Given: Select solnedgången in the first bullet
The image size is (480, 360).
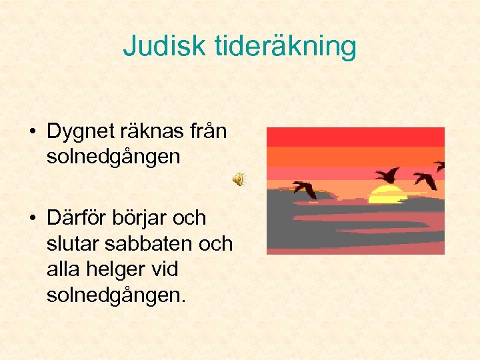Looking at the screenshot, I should (x=113, y=157).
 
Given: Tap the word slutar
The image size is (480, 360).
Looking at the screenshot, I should (x=73, y=244).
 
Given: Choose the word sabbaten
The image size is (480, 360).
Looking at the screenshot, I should (x=147, y=244).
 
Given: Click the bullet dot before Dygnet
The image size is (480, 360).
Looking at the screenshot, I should (x=33, y=132).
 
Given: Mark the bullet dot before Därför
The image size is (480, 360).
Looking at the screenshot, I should (x=33, y=219).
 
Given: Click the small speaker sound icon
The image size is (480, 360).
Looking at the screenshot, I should (x=238, y=179).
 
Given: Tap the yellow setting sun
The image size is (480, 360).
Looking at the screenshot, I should (x=387, y=195).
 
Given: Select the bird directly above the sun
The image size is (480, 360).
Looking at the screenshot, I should (x=387, y=175).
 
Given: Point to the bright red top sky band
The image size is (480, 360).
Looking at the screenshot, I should (x=355, y=137).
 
